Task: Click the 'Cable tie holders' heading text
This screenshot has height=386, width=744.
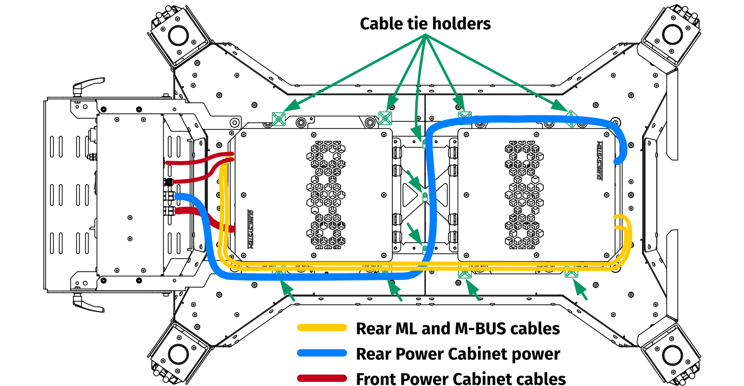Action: point(425,23)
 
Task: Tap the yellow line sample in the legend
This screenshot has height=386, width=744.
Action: point(322,328)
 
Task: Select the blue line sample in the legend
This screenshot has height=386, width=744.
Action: point(322,353)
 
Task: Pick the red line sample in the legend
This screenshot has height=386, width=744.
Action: point(322,378)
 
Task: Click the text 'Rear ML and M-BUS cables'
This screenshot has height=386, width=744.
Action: point(458,328)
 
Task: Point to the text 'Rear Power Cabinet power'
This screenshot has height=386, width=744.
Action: point(458,353)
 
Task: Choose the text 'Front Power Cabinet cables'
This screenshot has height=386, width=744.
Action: point(461,379)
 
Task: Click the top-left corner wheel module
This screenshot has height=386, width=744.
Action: point(178,36)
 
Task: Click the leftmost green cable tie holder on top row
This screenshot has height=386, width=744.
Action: point(278,119)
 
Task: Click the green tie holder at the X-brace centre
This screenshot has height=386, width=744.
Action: point(424,196)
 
